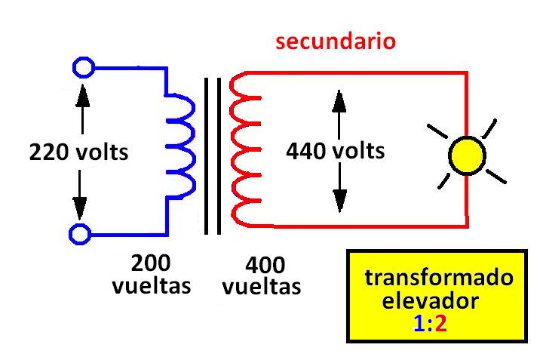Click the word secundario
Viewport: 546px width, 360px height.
point(336,41)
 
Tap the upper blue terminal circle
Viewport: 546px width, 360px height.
point(83,68)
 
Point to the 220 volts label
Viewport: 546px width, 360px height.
point(78,152)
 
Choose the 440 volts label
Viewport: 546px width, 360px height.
point(335,151)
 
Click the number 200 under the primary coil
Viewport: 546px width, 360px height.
point(151,263)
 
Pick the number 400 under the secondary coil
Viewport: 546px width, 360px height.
point(265,266)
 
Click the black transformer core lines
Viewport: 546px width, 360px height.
point(213,155)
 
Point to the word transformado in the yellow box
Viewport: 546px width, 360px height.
point(439,278)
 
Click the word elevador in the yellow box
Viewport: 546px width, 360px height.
point(430,302)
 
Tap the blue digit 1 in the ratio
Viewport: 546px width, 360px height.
point(419,325)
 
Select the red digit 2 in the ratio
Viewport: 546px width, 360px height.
point(442,325)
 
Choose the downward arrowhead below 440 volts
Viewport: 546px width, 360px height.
point(340,199)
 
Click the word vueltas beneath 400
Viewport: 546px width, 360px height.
point(262,288)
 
